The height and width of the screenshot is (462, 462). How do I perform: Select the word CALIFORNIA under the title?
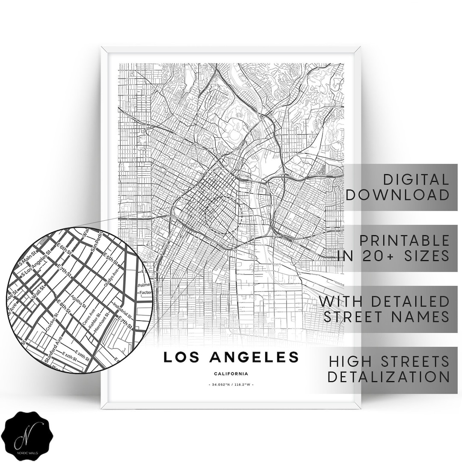pyautogui.click(x=231, y=374)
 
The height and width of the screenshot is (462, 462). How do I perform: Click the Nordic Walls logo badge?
pyautogui.click(x=30, y=432)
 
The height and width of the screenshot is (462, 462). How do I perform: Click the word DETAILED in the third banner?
pyautogui.click(x=411, y=301)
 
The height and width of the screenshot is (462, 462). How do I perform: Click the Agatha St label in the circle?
pyautogui.click(x=85, y=299)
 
